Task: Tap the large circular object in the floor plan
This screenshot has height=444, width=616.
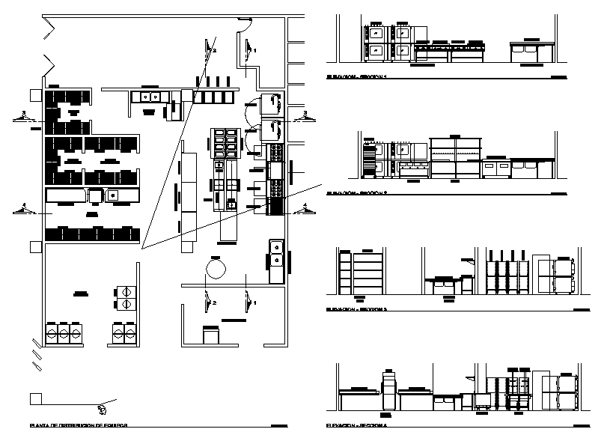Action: coord(216,267)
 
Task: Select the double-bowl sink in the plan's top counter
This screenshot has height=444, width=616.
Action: coord(148,96)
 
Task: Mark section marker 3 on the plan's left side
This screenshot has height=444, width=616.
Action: coord(24,116)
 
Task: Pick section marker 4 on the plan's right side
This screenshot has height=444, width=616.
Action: coord(304,208)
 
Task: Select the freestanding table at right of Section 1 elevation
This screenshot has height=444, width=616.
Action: coord(531,51)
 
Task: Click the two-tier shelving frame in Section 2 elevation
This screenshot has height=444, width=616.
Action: coord(454,157)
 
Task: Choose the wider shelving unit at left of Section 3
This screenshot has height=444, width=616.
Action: coord(368,273)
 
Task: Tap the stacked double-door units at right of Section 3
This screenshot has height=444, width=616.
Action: coord(562,276)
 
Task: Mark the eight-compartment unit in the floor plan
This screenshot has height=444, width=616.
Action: coord(225,142)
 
